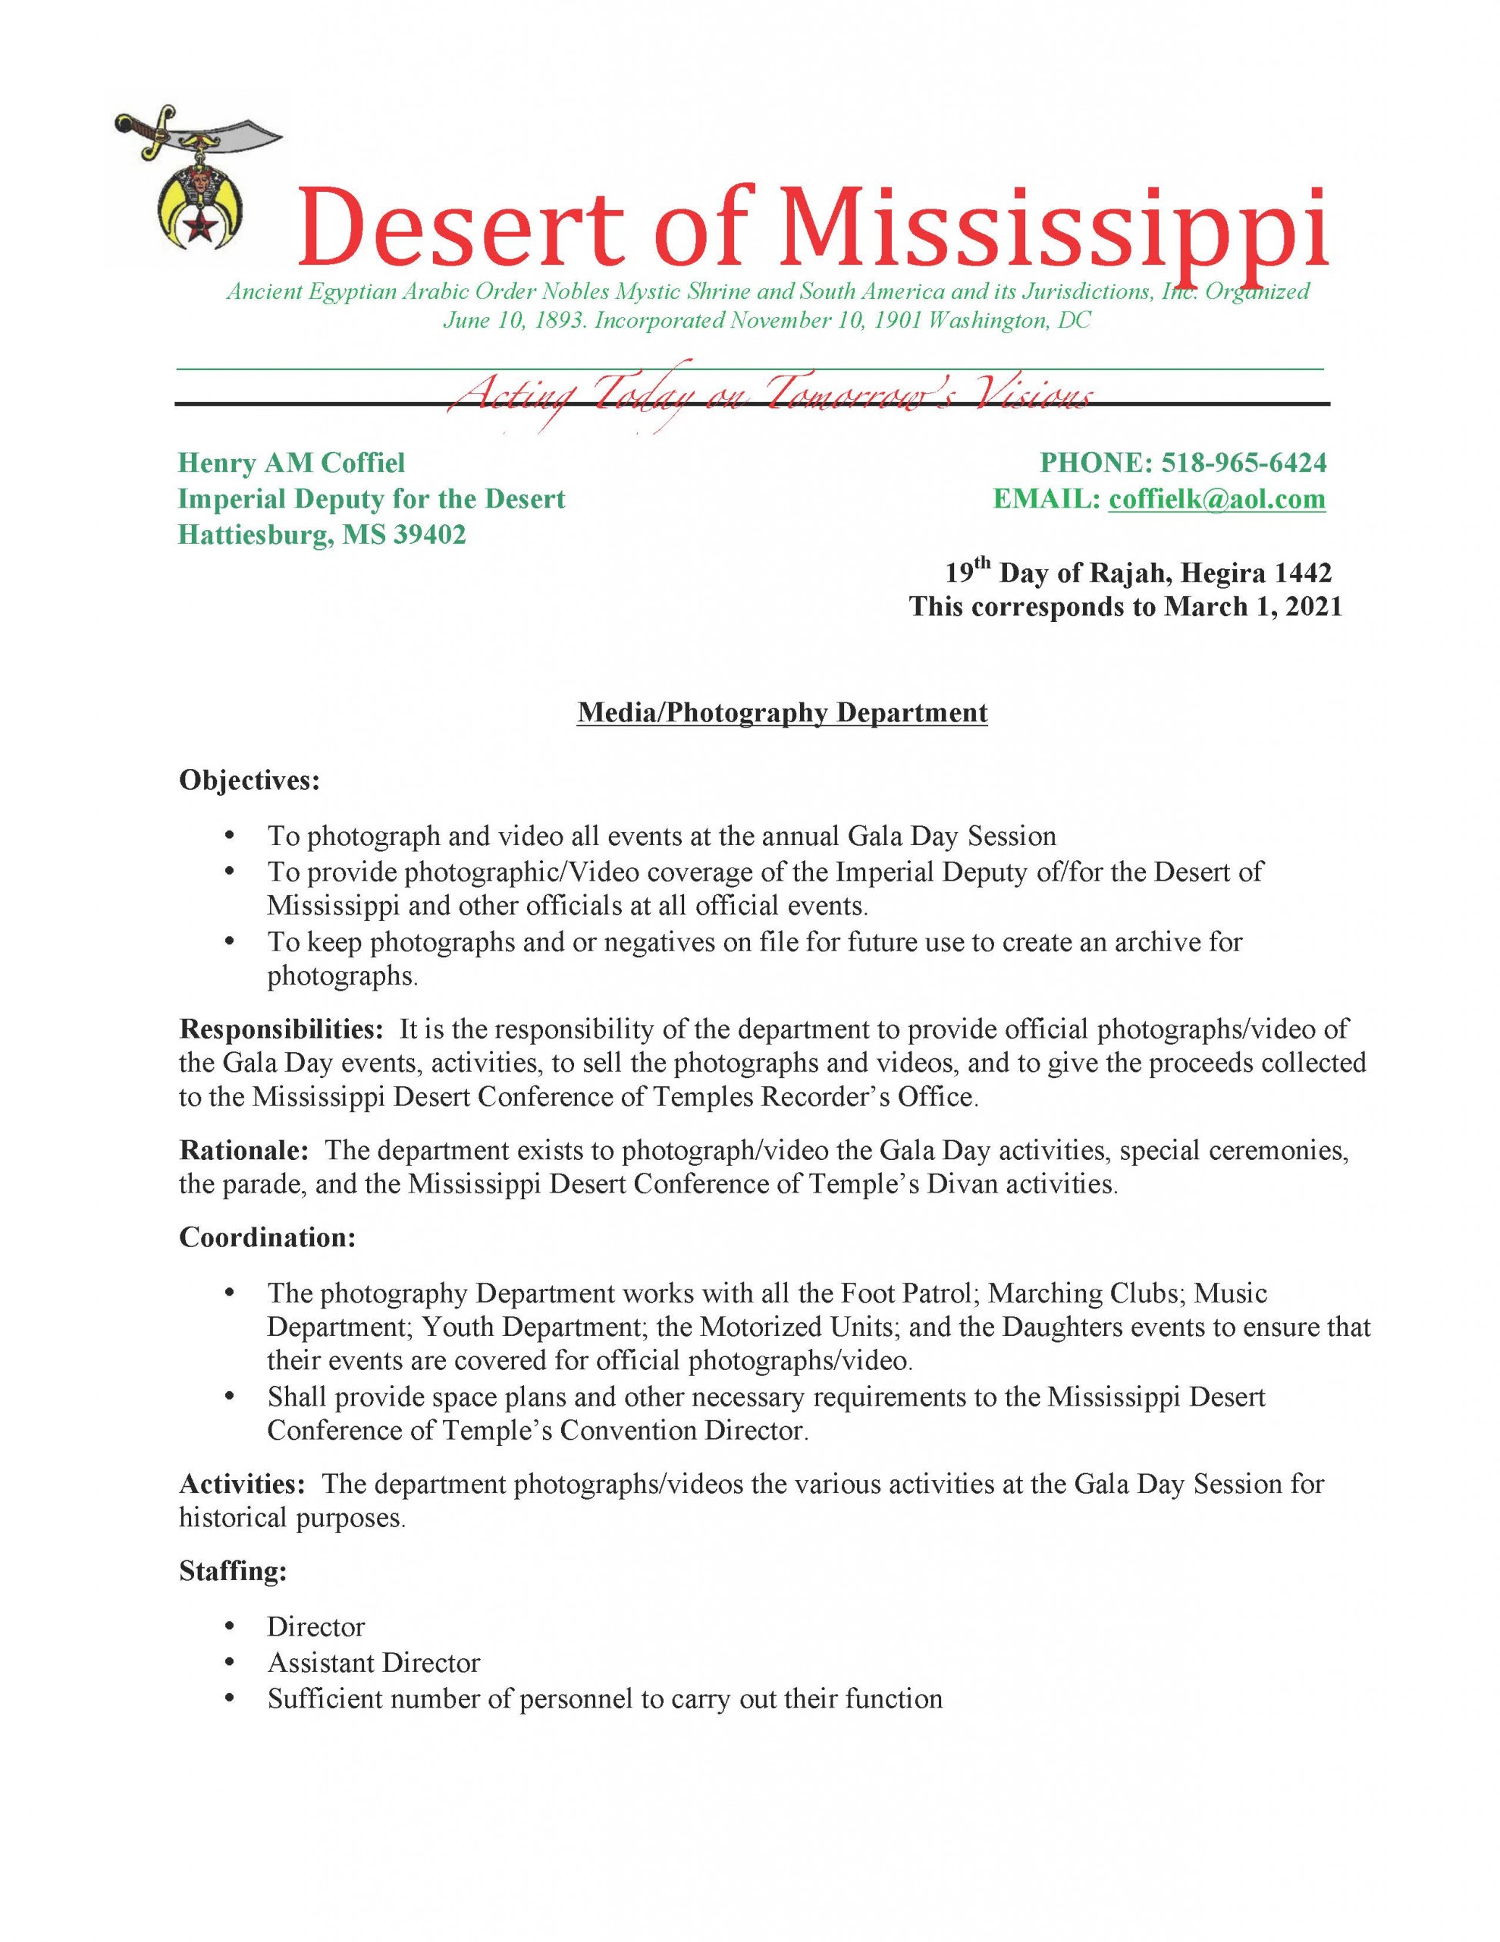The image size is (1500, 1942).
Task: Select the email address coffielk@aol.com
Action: pos(1216,499)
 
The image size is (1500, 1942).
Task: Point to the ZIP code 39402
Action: pos(429,534)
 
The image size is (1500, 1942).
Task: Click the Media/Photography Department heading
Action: pos(782,712)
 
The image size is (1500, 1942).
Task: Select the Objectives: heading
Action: pos(249,780)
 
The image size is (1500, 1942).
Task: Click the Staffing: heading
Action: pos(233,1571)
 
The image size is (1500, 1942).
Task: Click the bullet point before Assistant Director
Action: pos(231,1662)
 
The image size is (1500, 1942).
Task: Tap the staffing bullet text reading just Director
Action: pos(315,1626)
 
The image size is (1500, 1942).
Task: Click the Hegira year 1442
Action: pos(1303,572)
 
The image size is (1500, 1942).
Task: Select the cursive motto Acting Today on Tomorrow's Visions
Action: pos(769,394)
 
